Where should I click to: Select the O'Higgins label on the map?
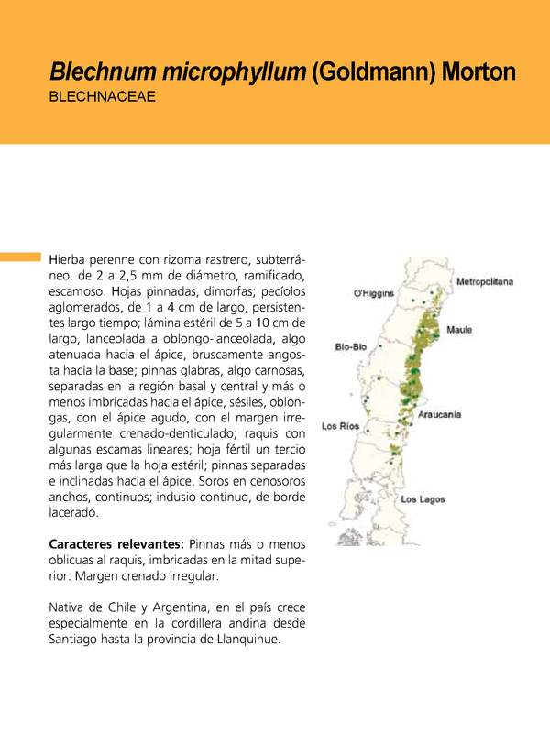374,293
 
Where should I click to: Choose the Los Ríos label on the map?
340,426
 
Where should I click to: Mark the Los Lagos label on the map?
423,499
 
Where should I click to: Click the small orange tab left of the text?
20,257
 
